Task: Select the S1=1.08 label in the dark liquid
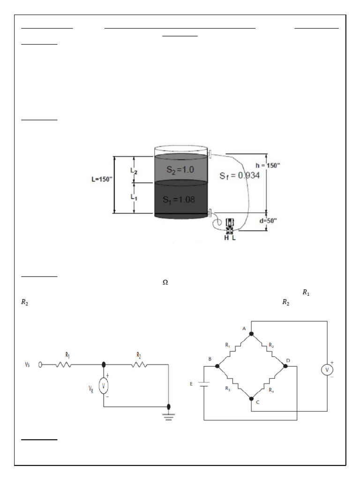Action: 179,199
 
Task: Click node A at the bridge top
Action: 251,333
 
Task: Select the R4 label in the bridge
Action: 271,389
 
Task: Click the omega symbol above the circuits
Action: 165,282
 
